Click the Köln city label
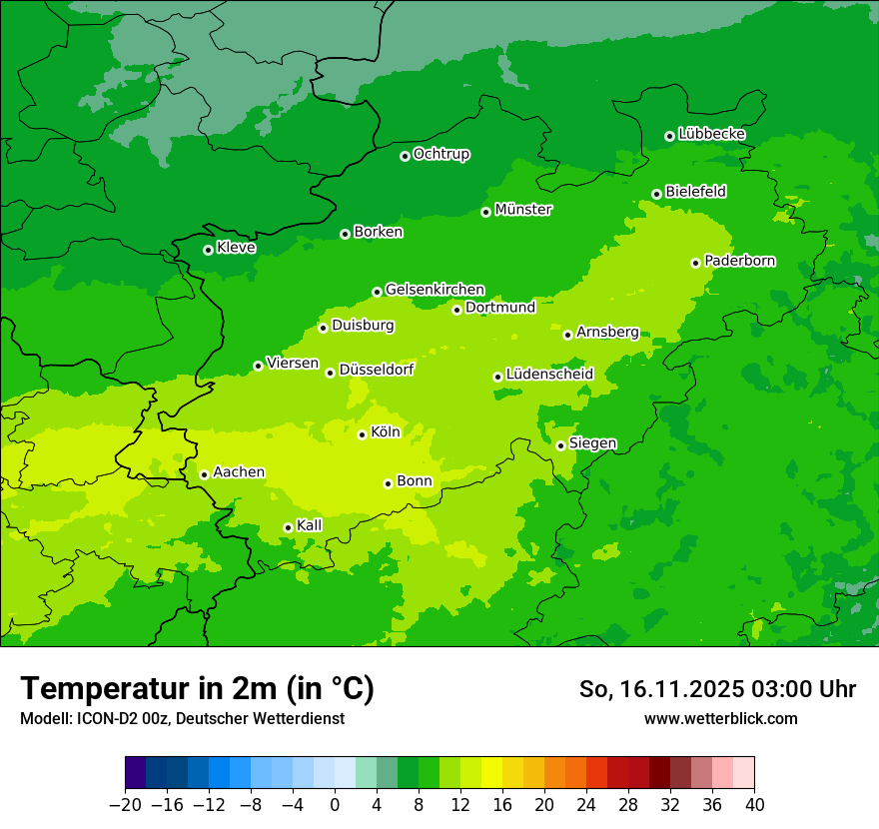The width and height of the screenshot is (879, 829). point(386,432)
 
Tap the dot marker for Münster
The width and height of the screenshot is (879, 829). point(486,212)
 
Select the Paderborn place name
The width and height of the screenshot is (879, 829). point(740,261)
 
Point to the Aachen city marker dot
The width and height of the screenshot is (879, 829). point(205,474)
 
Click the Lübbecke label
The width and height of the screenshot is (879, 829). point(711,134)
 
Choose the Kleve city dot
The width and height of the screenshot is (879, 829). point(209,250)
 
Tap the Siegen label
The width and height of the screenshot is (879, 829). point(592,443)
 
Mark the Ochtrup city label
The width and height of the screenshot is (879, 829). point(441,154)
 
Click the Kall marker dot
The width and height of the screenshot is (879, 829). point(289,527)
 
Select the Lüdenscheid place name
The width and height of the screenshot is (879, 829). point(549,375)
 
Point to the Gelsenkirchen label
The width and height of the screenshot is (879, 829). point(435,290)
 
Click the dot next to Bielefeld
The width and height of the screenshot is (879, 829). point(657,194)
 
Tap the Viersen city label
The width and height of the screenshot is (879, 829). point(293,364)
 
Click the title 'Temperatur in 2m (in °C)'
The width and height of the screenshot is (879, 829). point(197,688)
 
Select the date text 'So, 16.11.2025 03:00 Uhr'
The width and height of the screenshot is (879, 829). point(717,689)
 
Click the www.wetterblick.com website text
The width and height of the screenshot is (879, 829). point(721,718)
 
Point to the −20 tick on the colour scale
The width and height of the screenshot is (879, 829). point(125,805)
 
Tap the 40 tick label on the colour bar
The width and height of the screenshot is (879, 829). point(754,805)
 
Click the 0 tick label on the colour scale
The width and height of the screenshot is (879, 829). point(335,805)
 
